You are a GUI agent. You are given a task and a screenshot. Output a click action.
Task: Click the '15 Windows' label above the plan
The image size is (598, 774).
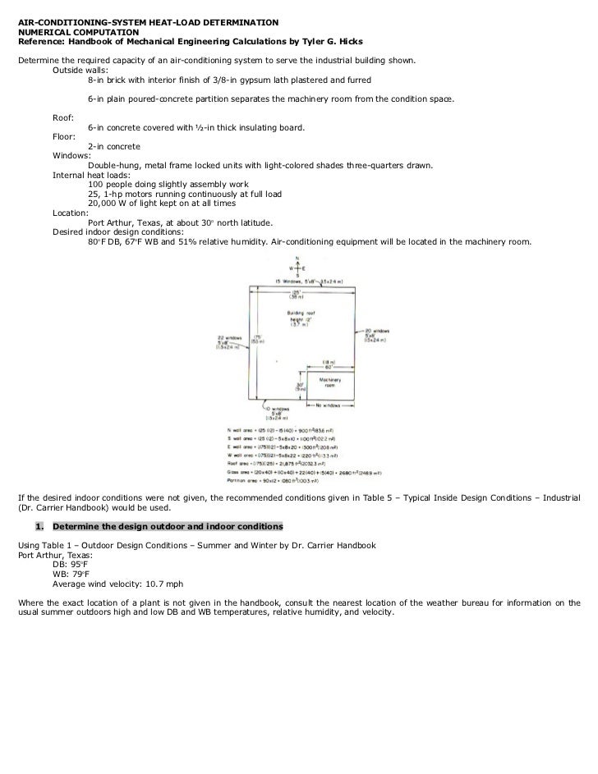click(292, 280)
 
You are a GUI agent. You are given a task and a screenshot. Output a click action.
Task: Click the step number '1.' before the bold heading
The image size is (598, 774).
click(39, 525)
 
